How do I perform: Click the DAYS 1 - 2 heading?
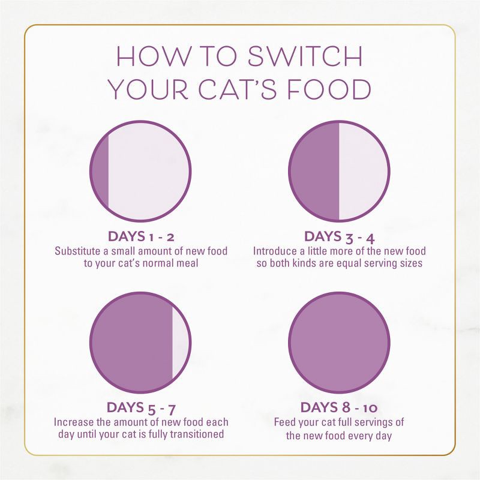coord(140,236)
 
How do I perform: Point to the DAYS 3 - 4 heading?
coord(339,236)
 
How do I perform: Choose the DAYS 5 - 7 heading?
coord(140,408)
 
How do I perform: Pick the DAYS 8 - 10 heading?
coord(339,408)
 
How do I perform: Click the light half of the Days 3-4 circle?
coord(363,170)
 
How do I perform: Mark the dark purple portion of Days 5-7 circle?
coord(132,343)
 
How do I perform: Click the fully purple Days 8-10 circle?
coord(339,343)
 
